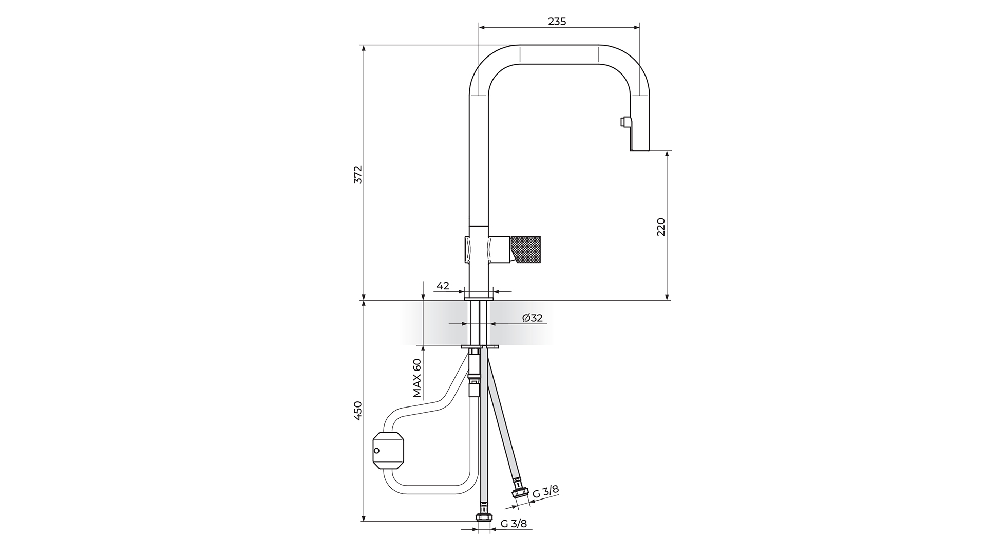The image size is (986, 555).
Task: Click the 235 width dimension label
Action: (557, 21)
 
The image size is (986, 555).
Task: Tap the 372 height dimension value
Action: (358, 174)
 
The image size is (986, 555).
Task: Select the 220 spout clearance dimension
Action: (661, 227)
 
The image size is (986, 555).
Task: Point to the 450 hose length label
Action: (358, 411)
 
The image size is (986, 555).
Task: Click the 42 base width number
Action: (443, 286)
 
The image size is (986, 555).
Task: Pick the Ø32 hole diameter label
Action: (533, 318)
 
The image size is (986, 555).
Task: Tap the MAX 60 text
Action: (417, 378)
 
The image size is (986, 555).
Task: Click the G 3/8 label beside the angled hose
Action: (545, 491)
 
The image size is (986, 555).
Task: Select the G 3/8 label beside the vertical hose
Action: (514, 524)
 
